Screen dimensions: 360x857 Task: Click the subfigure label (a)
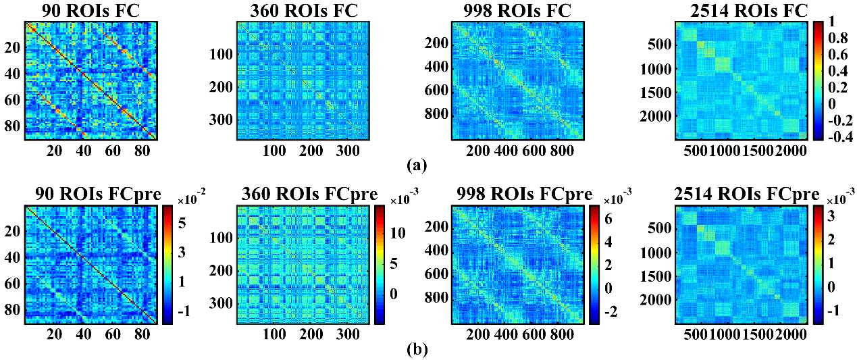(x=416, y=164)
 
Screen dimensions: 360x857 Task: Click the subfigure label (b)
(x=416, y=349)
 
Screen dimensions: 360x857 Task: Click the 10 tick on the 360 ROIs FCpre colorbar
(x=398, y=233)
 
